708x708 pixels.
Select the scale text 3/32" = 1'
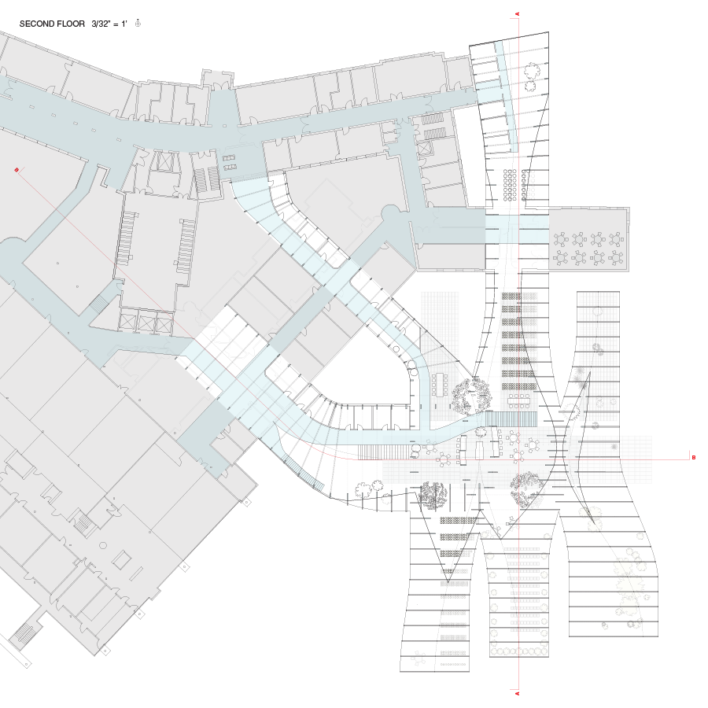109,24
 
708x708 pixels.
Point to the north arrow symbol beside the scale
138,24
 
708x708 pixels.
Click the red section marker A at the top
518,14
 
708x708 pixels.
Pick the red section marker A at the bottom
518,693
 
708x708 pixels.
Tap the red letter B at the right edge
694,457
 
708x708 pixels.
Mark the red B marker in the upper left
17,170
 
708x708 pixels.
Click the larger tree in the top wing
532,72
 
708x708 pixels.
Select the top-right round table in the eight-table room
616,239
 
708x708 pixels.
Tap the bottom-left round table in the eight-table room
561,258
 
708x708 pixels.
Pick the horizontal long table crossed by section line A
518,400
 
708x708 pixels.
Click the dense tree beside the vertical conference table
472,396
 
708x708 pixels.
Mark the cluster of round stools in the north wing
510,185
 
